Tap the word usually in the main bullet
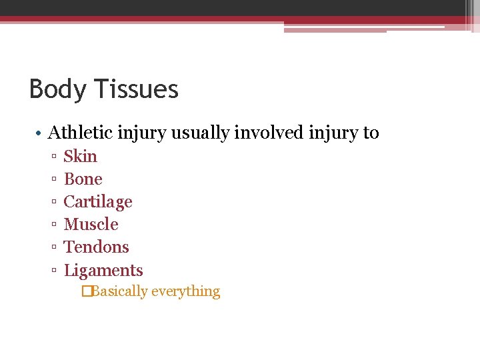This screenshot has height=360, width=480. tap(202, 133)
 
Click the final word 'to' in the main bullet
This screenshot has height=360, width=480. tap(371, 133)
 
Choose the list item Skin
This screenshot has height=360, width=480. tap(80, 156)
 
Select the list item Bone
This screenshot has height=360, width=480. tap(83, 179)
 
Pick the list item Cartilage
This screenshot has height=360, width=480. tap(98, 202)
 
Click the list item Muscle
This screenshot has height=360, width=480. tap(91, 225)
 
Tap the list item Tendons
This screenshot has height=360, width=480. tap(96, 247)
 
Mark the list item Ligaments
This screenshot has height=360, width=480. tap(103, 271)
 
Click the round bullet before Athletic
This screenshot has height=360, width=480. tap(39, 133)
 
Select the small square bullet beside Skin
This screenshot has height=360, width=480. tap(53, 157)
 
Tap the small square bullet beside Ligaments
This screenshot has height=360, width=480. tap(53, 271)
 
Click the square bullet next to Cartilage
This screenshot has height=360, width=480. tap(53, 203)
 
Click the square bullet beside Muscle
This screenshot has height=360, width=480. tap(53, 225)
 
